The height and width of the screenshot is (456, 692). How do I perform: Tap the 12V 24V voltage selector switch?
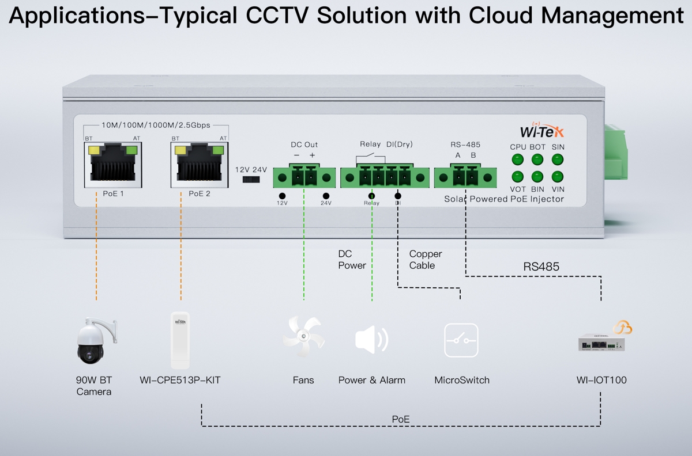tap(251, 180)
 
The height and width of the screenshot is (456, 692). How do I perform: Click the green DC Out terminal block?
tap(304, 177)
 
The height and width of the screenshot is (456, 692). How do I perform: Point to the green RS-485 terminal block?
tap(465, 177)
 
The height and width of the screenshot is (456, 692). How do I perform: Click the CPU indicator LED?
tap(518, 159)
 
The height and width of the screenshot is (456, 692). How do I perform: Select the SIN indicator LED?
tap(558, 159)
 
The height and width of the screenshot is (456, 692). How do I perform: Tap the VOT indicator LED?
tap(518, 176)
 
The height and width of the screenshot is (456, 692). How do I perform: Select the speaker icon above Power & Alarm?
tap(371, 340)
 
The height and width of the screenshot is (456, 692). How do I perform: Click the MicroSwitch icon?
tap(461, 340)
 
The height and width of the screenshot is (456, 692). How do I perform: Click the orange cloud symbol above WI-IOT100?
tap(622, 328)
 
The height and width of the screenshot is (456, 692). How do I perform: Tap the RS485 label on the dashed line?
tap(541, 267)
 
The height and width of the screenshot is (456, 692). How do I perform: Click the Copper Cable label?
tap(426, 260)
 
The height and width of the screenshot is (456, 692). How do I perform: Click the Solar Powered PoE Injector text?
tap(504, 199)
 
